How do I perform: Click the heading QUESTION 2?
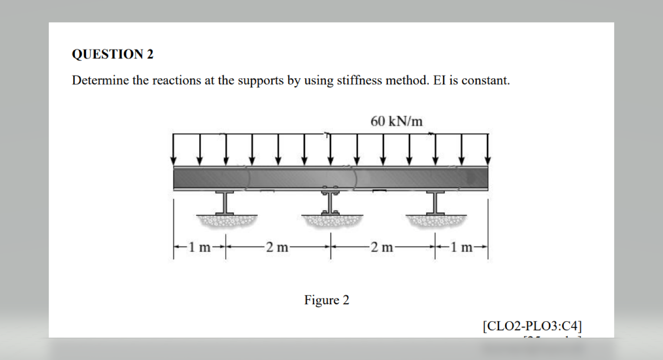tap(112, 54)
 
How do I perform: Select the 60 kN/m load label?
tap(396, 121)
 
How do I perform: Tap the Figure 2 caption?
tap(326, 300)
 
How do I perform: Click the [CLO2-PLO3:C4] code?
tap(532, 326)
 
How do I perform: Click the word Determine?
tap(100, 80)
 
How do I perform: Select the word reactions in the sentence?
tap(177, 80)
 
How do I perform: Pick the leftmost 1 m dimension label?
tap(200, 247)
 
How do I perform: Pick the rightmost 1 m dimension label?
tap(461, 247)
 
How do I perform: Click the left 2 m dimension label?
tap(277, 247)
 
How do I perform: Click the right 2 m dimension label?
tap(382, 247)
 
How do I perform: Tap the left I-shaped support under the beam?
tap(224, 202)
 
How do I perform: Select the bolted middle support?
tap(330, 201)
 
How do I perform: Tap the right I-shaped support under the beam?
tap(435, 202)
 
